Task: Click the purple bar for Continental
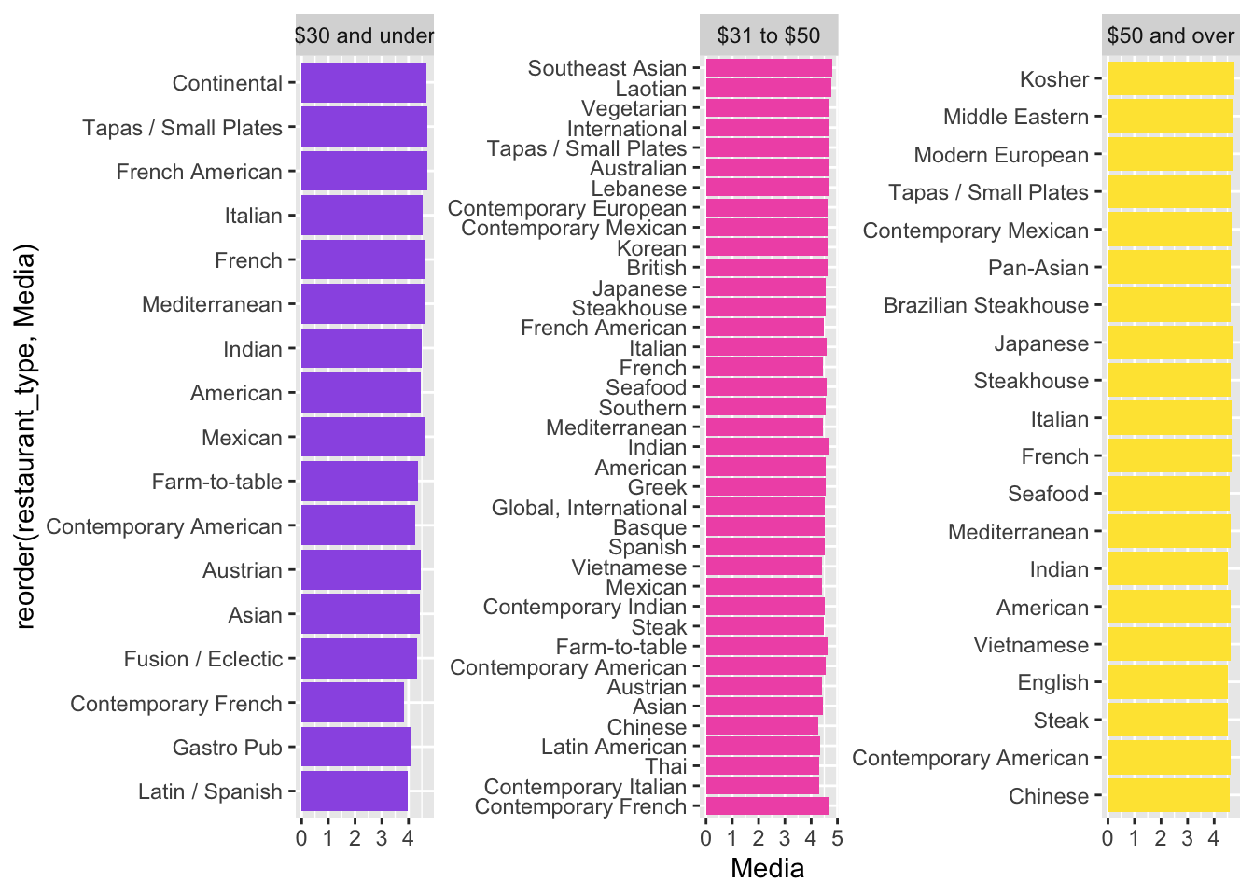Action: pyautogui.click(x=363, y=83)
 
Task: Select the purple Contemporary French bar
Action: pyautogui.click(x=353, y=703)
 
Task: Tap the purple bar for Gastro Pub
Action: pyautogui.click(x=355, y=747)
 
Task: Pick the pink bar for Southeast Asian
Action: pyautogui.click(x=768, y=68)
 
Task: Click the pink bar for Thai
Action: pyautogui.click(x=762, y=766)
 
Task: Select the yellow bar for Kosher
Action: pyautogui.click(x=1170, y=79)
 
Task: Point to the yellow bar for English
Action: pyautogui.click(x=1167, y=682)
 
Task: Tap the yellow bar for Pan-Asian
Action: pyautogui.click(x=1168, y=268)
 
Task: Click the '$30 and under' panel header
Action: pyautogui.click(x=364, y=35)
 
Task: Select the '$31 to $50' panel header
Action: pyautogui.click(x=769, y=35)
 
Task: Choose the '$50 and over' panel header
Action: pyautogui.click(x=1171, y=35)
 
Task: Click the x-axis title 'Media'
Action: pyautogui.click(x=767, y=869)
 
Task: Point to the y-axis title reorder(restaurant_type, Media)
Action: pyautogui.click(x=26, y=437)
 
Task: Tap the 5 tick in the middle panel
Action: pyautogui.click(x=837, y=838)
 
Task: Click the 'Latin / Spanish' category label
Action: pyautogui.click(x=210, y=791)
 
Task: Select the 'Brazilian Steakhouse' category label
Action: pyautogui.click(x=986, y=305)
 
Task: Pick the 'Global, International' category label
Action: pyautogui.click(x=589, y=508)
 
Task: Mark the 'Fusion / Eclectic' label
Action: pyautogui.click(x=203, y=659)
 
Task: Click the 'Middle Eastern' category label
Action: pyautogui.click(x=1016, y=117)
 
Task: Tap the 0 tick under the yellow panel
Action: pyautogui.click(x=1108, y=838)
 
